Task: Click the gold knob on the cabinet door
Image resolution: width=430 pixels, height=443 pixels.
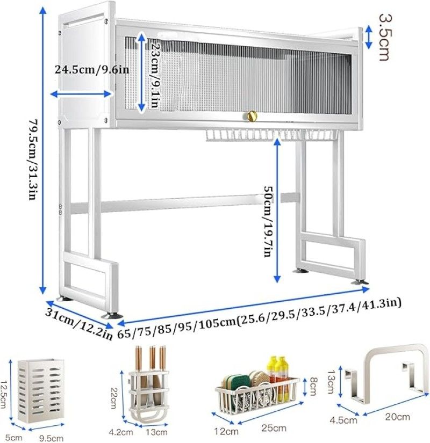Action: pos(252,115)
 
